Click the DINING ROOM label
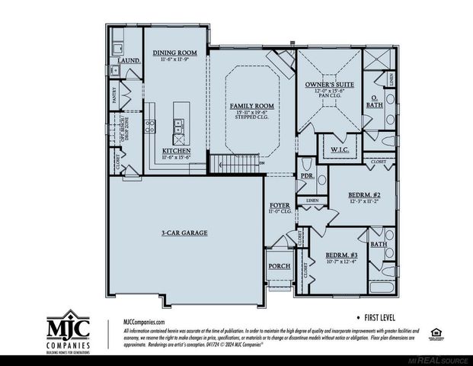tap(175, 53)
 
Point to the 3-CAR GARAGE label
tap(184, 232)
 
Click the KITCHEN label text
tap(176, 150)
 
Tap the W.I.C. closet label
tap(340, 149)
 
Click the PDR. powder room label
tap(308, 175)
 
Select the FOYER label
tap(280, 206)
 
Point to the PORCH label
tap(276, 267)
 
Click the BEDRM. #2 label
tap(364, 194)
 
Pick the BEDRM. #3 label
tap(341, 255)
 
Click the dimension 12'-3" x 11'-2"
tap(364, 201)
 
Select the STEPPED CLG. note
tap(252, 119)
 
